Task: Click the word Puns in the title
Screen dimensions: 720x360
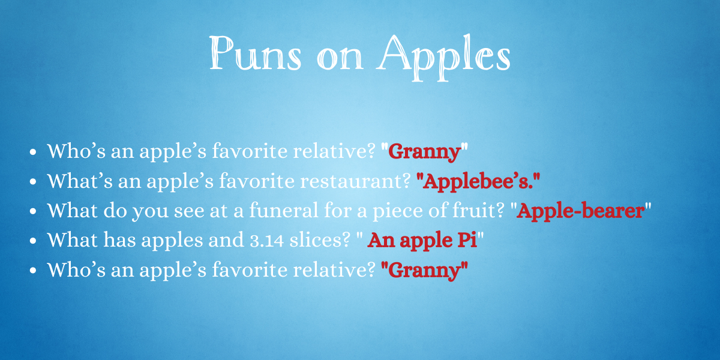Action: [x=256, y=52]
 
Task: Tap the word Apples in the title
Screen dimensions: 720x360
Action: [x=443, y=57]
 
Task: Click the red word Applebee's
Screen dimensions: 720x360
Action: [x=478, y=182]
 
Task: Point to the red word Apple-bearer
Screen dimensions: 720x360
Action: [x=581, y=211]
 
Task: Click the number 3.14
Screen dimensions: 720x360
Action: [x=267, y=241]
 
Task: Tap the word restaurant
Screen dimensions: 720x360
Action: [x=355, y=181]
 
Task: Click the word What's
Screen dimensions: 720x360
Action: [x=80, y=181]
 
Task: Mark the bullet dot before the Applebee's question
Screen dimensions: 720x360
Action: [x=33, y=182]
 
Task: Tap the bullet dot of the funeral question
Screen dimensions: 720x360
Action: [x=33, y=211]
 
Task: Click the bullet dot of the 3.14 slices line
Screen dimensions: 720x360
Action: [x=33, y=241]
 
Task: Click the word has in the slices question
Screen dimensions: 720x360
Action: [x=119, y=240]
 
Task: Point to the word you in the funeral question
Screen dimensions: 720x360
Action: [x=150, y=213]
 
